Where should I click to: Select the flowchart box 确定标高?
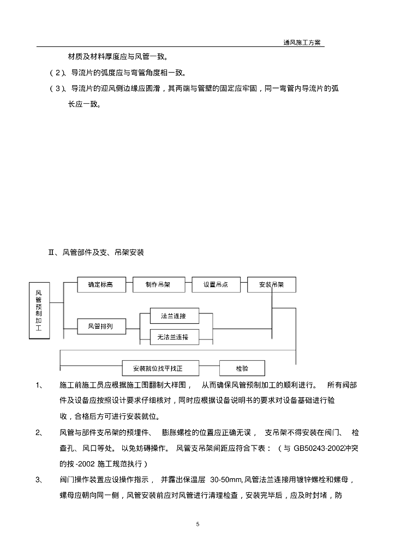[x=101, y=284]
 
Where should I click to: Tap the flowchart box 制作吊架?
[x=158, y=284]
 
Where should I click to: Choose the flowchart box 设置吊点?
[x=216, y=284]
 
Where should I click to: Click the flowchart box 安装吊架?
[x=272, y=284]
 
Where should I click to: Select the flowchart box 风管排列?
[x=101, y=327]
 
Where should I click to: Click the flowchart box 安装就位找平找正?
[x=161, y=368]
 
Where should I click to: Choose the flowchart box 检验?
[x=242, y=368]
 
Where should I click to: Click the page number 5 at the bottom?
[x=197, y=524]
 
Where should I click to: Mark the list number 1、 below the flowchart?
[x=39, y=385]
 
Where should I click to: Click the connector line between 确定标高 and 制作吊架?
[x=129, y=284]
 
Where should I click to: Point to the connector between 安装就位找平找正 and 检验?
[x=210, y=368]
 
